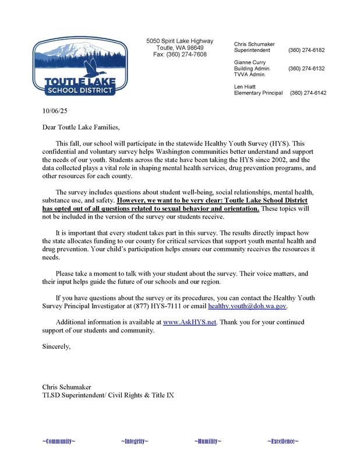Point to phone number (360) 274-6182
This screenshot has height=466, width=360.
306,51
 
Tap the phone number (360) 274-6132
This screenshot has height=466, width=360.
306,68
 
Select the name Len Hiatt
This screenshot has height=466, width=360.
246,86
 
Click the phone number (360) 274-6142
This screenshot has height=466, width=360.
308,93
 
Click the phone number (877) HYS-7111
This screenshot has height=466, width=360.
186,306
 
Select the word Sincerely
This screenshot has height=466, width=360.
56,347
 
